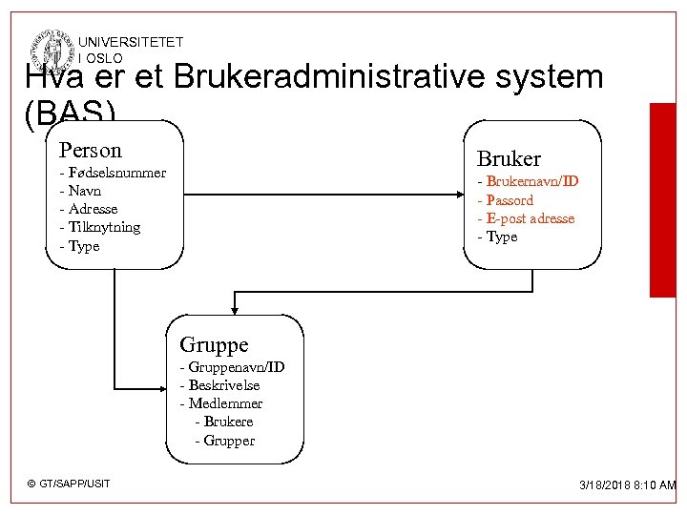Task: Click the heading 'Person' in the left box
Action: click(x=91, y=151)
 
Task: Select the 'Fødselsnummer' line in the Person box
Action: click(x=113, y=173)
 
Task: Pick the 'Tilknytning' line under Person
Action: click(x=100, y=227)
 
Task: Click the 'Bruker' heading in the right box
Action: click(x=509, y=158)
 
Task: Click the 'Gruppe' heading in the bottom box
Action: click(x=214, y=344)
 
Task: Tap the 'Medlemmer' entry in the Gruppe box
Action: click(x=221, y=403)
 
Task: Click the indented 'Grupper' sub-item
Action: click(x=225, y=441)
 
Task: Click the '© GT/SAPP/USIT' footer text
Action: click(x=69, y=484)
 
